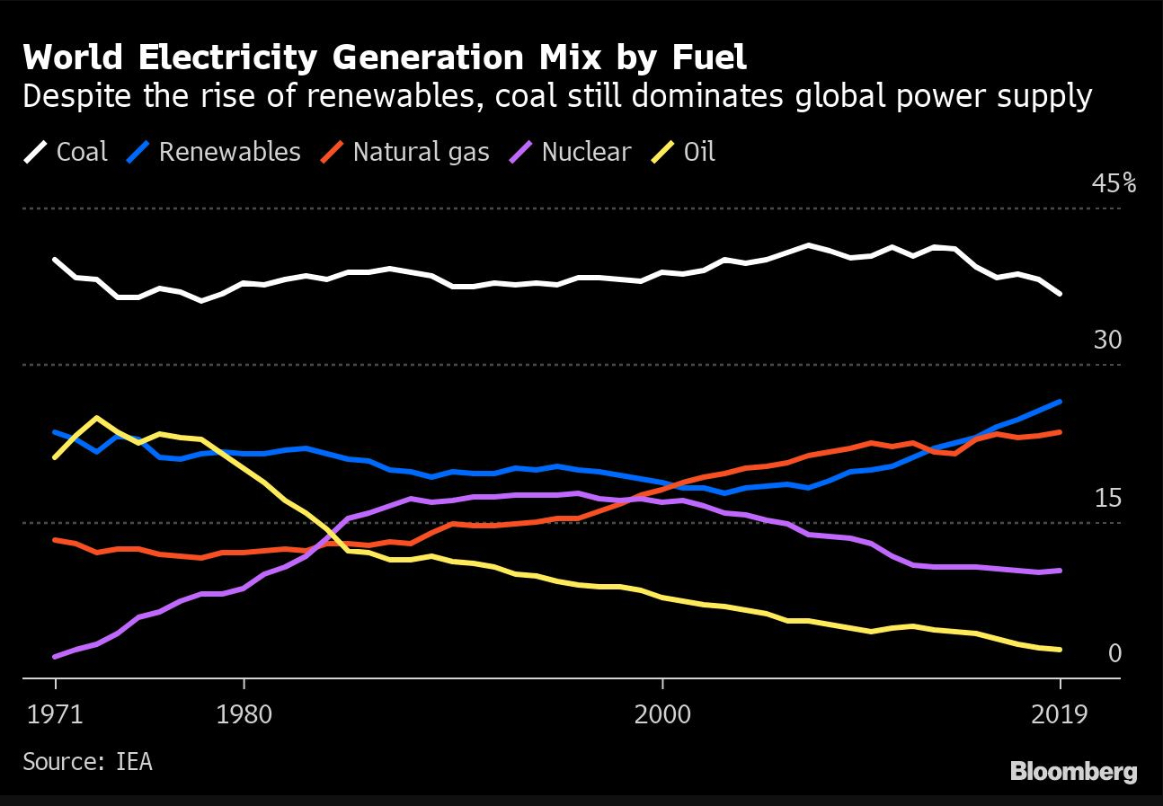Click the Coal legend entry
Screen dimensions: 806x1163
coord(67,151)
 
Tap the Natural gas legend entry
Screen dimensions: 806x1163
coord(405,151)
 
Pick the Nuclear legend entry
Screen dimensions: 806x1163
coord(572,151)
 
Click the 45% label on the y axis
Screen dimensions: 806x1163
coord(1114,184)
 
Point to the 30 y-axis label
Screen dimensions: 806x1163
coord(1107,341)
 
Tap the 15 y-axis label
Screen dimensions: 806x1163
coord(1107,498)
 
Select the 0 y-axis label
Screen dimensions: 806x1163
coord(1114,653)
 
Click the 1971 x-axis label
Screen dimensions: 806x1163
coord(56,716)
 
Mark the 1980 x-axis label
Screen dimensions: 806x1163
coord(244,716)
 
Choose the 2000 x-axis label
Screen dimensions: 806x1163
coord(662,716)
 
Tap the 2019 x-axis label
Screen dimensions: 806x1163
coord(1060,716)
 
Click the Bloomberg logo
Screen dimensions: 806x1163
coord(1073,771)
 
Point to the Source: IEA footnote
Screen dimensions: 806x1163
coord(87,761)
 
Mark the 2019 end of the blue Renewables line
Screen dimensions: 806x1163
coord(1061,402)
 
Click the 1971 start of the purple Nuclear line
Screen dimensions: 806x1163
coord(56,657)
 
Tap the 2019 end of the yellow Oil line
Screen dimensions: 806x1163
coord(1061,650)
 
